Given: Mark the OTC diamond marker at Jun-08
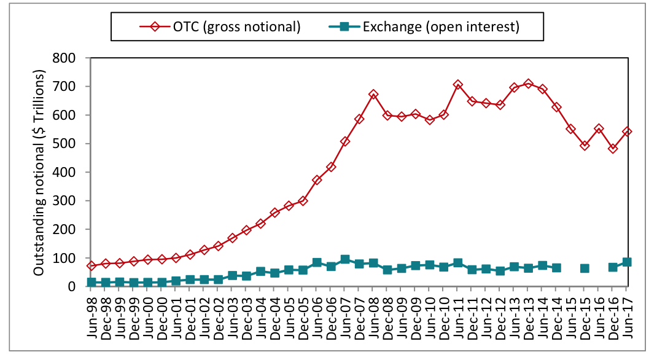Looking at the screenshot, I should tap(373, 95).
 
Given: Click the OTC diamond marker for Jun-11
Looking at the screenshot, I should tap(458, 85).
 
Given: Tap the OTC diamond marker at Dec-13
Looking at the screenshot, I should tap(529, 84).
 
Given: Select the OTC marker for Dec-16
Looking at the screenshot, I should tap(613, 148).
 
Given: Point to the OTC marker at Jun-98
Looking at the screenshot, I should tap(91, 265).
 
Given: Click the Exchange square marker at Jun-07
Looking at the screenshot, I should tap(345, 259).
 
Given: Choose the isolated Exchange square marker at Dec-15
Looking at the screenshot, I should tap(585, 268).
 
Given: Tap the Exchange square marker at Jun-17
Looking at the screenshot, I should tap(627, 262).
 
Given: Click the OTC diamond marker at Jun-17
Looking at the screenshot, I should tap(627, 131).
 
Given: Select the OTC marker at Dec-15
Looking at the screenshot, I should tap(585, 146).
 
